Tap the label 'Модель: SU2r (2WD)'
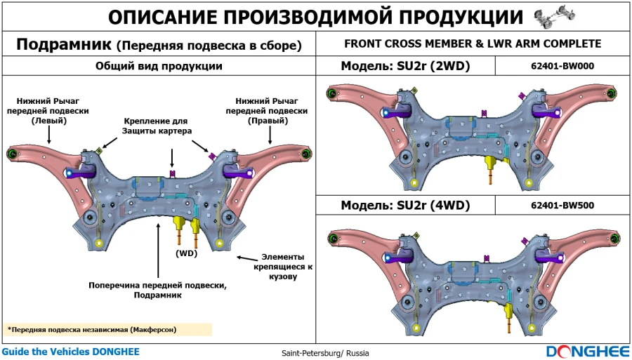coord(405,67)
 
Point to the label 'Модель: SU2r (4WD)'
coord(405,206)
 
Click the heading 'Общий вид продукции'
coord(159,67)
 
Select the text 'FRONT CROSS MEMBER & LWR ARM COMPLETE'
coord(473,44)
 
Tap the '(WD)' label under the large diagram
coord(186,253)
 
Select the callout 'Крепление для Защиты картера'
coord(157,126)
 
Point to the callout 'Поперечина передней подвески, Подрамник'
coord(157,291)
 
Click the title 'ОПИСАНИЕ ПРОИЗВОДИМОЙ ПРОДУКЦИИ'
coord(316,17)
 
